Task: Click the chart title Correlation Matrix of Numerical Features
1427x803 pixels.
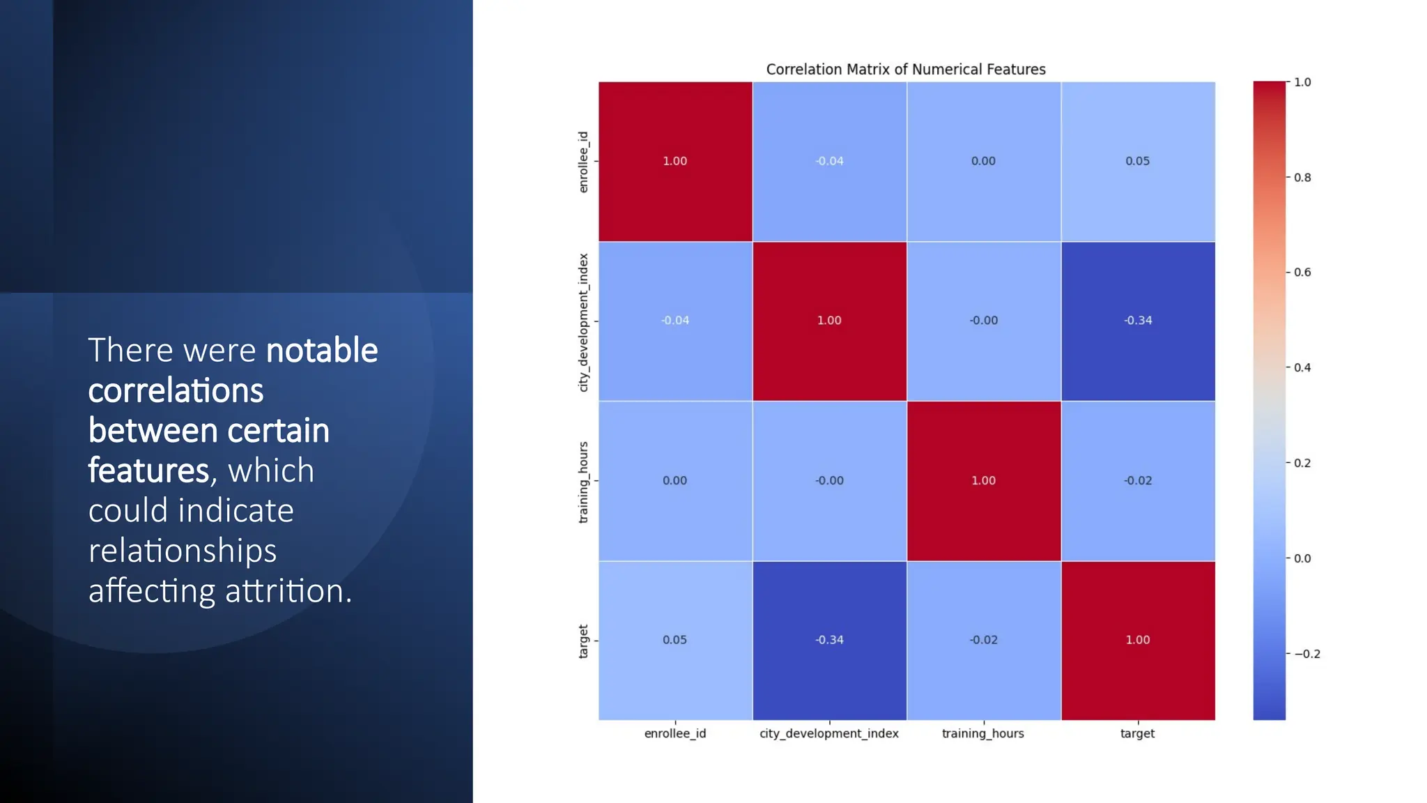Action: click(905, 69)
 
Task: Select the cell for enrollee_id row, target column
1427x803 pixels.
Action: click(1137, 161)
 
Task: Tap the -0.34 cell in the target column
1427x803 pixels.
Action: click(1137, 321)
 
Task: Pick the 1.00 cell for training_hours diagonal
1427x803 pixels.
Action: click(983, 480)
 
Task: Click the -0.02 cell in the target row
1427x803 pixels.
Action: click(983, 640)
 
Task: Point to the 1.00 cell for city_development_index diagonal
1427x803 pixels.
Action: click(829, 321)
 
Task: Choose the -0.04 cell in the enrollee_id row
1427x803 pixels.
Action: click(829, 161)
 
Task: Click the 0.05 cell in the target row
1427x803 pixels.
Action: click(674, 640)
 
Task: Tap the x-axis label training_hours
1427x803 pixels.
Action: click(982, 733)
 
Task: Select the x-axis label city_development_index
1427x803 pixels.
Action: click(828, 733)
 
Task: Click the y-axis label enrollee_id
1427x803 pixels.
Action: click(583, 162)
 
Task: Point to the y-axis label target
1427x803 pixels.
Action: click(583, 641)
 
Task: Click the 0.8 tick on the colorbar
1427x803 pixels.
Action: click(1302, 178)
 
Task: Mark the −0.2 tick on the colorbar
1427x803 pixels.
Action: click(1306, 654)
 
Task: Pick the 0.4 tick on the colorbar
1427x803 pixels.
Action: click(1302, 368)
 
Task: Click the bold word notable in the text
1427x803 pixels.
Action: click(322, 350)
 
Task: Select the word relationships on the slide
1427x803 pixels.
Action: click(183, 551)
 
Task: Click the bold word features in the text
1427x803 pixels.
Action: click(148, 471)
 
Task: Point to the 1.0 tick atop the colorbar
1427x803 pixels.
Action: click(1302, 82)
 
